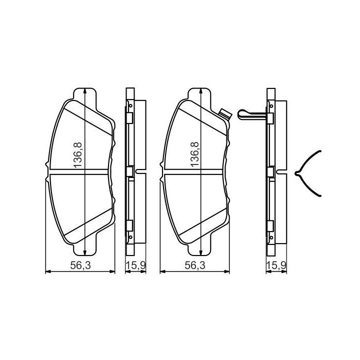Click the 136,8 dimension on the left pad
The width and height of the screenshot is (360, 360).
(77, 155)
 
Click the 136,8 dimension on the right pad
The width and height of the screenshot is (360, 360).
(194, 154)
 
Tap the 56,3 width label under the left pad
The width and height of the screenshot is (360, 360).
(80, 265)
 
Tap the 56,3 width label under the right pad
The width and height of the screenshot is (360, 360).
(195, 265)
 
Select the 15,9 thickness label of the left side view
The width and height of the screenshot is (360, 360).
(135, 265)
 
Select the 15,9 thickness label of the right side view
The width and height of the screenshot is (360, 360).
(276, 265)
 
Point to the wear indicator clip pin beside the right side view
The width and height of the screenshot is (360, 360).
(252, 114)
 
